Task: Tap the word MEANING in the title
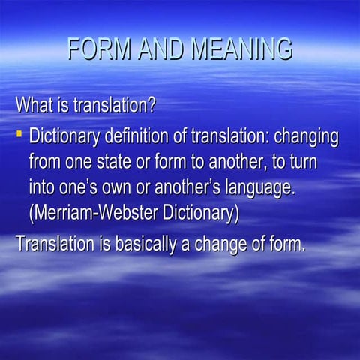241,49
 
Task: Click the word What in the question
32,103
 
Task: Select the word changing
305,137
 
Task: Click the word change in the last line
222,244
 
